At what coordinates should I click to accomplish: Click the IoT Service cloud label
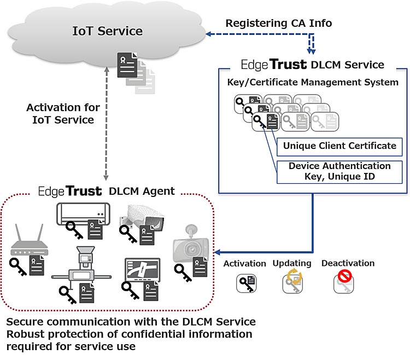coord(107,31)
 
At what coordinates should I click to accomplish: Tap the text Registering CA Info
coord(279,24)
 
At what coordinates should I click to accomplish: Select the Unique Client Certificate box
coord(339,146)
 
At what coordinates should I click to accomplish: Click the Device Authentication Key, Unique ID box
coord(339,171)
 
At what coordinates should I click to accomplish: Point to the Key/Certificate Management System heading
coord(312,83)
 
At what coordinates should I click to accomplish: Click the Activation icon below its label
coord(245,283)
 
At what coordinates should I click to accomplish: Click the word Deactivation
coord(348,263)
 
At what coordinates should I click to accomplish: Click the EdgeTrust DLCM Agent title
coord(106,191)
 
